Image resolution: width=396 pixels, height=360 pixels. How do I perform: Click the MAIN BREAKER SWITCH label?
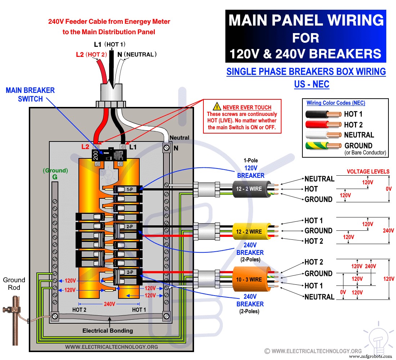click(30, 94)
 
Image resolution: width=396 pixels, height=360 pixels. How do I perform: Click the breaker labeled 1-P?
click(129, 189)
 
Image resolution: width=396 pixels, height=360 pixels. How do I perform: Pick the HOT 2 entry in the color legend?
click(353, 125)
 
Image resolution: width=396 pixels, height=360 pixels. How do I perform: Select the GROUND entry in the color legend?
click(358, 146)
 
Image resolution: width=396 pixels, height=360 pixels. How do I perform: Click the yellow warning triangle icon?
click(216, 107)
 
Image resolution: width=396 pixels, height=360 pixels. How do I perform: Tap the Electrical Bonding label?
click(108, 330)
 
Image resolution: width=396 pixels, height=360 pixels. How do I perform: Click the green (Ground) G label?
click(55, 174)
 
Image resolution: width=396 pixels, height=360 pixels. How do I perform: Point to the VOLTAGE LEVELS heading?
click(368, 171)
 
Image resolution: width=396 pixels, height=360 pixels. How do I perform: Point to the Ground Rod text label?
click(14, 284)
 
